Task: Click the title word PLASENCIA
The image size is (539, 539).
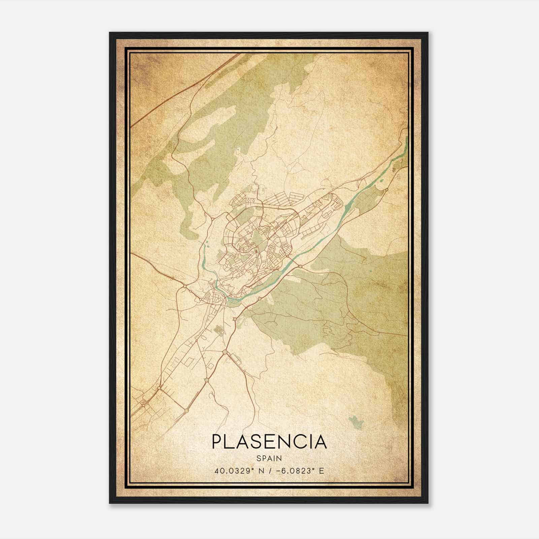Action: pyautogui.click(x=269, y=442)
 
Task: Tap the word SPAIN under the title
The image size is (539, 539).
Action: pyautogui.click(x=269, y=458)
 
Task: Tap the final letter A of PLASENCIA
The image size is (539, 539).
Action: pyautogui.click(x=320, y=442)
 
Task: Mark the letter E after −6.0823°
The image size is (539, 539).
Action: pyautogui.click(x=321, y=471)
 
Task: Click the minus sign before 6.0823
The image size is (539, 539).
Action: pyautogui.click(x=279, y=471)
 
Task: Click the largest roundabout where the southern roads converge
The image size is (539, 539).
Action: pyautogui.click(x=224, y=352)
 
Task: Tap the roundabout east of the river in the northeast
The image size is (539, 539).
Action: pyautogui.click(x=386, y=189)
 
